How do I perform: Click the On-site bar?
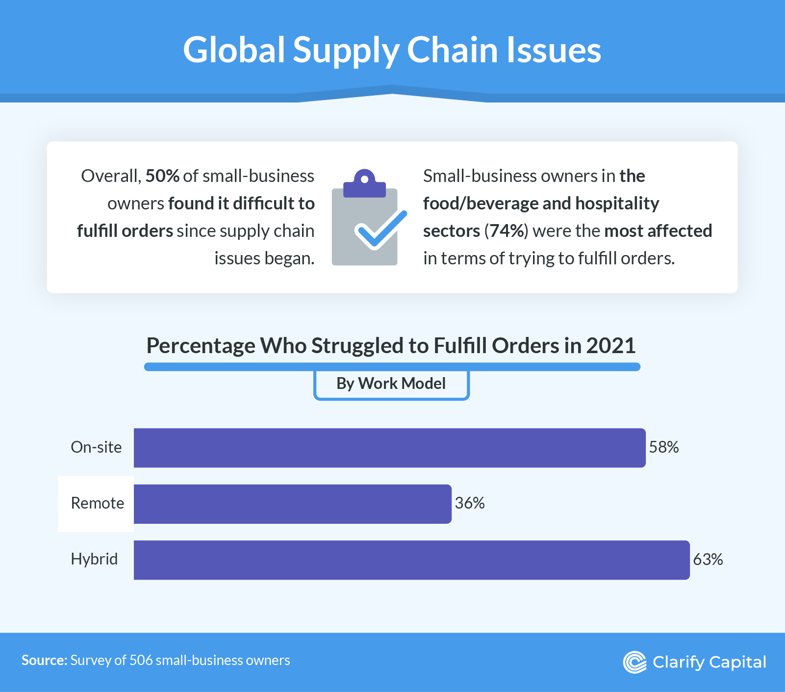389,448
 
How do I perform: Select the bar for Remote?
292,504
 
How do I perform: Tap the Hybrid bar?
411,560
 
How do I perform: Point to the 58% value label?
663,447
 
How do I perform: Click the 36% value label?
469,503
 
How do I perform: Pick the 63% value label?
708,560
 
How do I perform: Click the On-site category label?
96,447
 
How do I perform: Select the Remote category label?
97,503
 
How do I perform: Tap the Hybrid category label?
94,559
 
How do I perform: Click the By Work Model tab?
391,384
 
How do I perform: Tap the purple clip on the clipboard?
364,184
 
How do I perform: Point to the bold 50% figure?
162,176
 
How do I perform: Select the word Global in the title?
234,50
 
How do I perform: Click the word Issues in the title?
554,50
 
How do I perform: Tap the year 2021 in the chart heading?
610,346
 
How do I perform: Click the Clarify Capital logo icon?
634,662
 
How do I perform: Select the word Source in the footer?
44,661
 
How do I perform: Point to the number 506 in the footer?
141,661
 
